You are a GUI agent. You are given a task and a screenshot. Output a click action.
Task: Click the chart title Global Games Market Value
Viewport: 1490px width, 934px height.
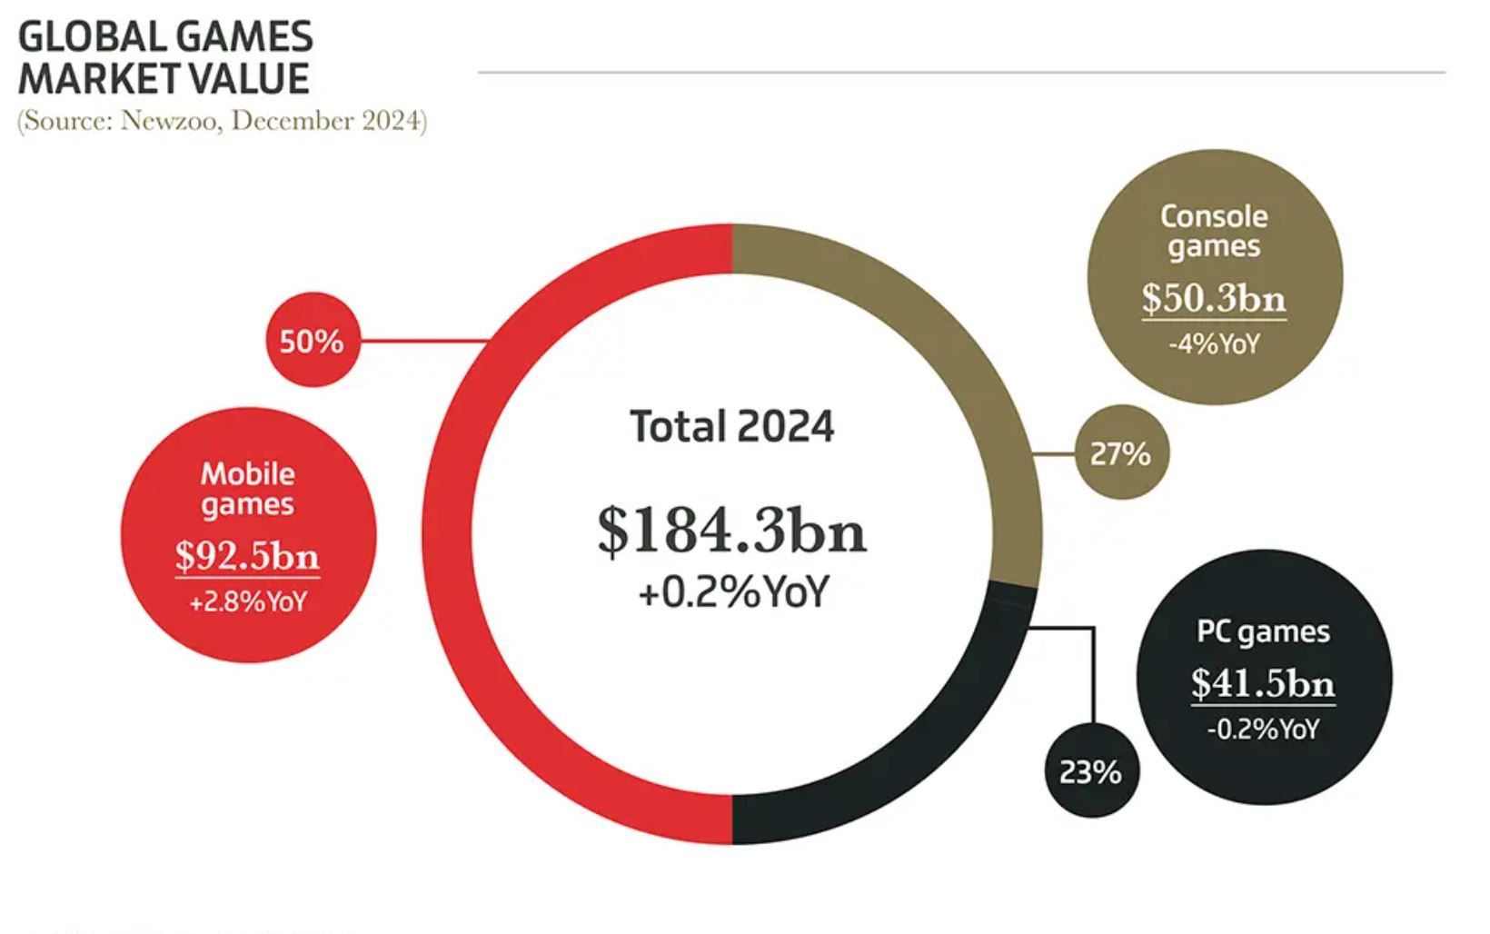click(x=165, y=58)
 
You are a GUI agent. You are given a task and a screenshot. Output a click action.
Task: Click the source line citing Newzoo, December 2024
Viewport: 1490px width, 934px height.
click(x=222, y=121)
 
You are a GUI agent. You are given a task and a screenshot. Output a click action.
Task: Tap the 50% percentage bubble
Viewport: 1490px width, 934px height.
click(x=312, y=341)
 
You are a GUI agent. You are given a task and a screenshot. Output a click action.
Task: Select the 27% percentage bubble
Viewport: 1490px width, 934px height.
click(x=1120, y=452)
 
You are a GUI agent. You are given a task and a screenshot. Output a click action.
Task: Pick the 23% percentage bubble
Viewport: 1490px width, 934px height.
click(x=1090, y=771)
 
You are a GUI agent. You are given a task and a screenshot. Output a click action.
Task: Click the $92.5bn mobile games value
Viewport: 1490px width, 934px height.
click(x=247, y=555)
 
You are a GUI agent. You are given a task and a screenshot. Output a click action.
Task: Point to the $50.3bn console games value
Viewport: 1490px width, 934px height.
click(x=1214, y=297)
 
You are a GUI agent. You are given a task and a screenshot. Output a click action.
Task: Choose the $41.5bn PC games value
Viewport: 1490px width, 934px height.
click(x=1263, y=682)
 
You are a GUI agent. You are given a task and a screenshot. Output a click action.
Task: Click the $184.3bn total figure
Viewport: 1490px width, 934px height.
click(x=732, y=530)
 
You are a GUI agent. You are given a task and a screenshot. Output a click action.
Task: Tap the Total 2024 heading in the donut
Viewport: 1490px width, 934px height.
click(x=732, y=426)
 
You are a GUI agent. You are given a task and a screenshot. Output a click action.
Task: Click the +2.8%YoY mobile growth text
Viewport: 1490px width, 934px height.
click(x=247, y=601)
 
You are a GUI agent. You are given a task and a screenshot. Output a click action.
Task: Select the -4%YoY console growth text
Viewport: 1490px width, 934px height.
click(x=1214, y=344)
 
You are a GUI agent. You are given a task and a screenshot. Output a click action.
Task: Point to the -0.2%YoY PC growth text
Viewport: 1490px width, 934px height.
click(x=1263, y=729)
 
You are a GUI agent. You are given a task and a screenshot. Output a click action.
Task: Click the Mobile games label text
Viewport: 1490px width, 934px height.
click(x=247, y=489)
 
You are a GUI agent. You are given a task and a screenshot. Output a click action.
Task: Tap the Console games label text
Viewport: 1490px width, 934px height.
click(x=1214, y=231)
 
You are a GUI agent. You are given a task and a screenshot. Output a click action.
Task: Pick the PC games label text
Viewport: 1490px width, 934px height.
click(x=1263, y=631)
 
